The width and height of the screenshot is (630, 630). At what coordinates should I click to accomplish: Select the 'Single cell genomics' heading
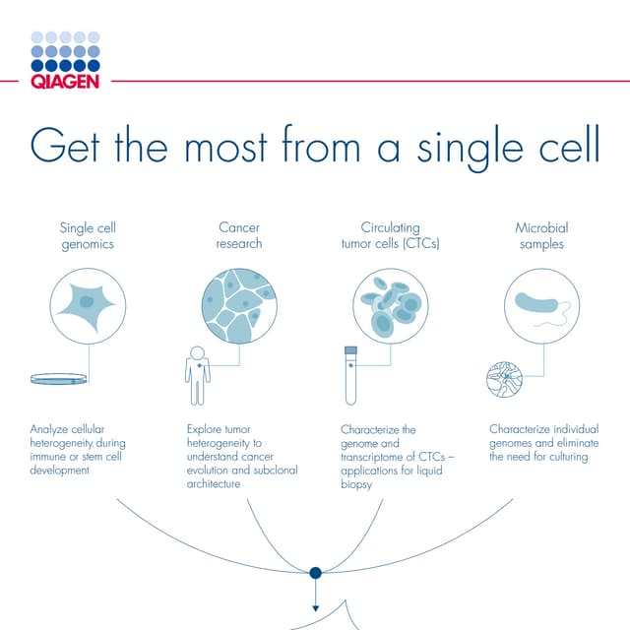point(87,236)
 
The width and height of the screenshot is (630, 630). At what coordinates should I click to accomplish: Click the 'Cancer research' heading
point(239,236)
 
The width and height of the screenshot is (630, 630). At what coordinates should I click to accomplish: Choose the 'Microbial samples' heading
point(541,236)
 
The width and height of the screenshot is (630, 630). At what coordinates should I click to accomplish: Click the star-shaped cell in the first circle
point(87,305)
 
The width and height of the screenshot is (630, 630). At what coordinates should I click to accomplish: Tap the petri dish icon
point(58,378)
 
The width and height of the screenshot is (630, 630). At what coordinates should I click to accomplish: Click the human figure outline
point(198,375)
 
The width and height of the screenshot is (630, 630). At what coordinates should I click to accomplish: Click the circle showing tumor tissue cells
point(239,305)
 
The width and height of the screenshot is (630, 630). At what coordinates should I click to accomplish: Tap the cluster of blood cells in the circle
point(390,305)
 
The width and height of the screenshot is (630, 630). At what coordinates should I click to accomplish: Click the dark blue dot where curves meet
point(315,572)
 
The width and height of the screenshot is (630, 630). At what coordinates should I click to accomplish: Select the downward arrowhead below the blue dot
point(315,608)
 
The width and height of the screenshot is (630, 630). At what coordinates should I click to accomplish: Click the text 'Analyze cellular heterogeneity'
point(78,436)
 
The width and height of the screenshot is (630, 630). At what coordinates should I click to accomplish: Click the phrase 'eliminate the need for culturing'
point(543,450)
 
